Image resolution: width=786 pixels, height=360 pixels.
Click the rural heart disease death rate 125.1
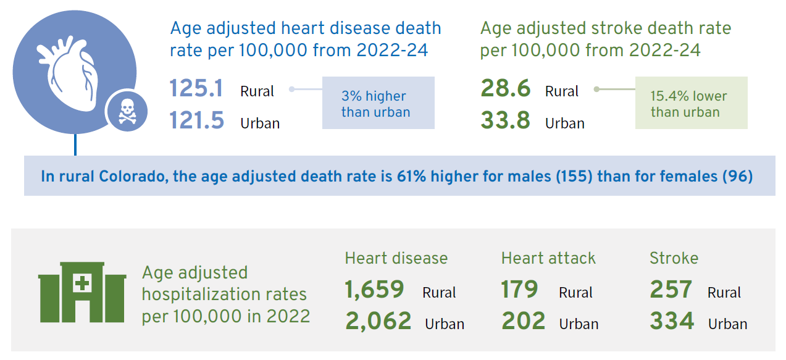coord(196,89)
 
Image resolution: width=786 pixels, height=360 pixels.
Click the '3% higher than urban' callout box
coord(378,103)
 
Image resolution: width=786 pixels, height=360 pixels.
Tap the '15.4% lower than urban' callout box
coord(691,103)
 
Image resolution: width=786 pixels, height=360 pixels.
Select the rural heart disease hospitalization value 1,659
coord(374,289)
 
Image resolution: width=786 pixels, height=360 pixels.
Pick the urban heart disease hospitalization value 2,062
coord(378,321)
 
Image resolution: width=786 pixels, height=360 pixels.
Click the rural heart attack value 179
coord(520,289)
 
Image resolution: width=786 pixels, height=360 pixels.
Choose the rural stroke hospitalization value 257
coord(671,289)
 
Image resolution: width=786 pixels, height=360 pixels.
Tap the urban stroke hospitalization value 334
coord(671,321)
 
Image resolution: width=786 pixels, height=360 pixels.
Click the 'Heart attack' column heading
coord(548,257)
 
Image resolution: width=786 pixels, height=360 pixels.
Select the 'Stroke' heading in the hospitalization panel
coord(674,257)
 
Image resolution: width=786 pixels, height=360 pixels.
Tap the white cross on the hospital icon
coord(82,284)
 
